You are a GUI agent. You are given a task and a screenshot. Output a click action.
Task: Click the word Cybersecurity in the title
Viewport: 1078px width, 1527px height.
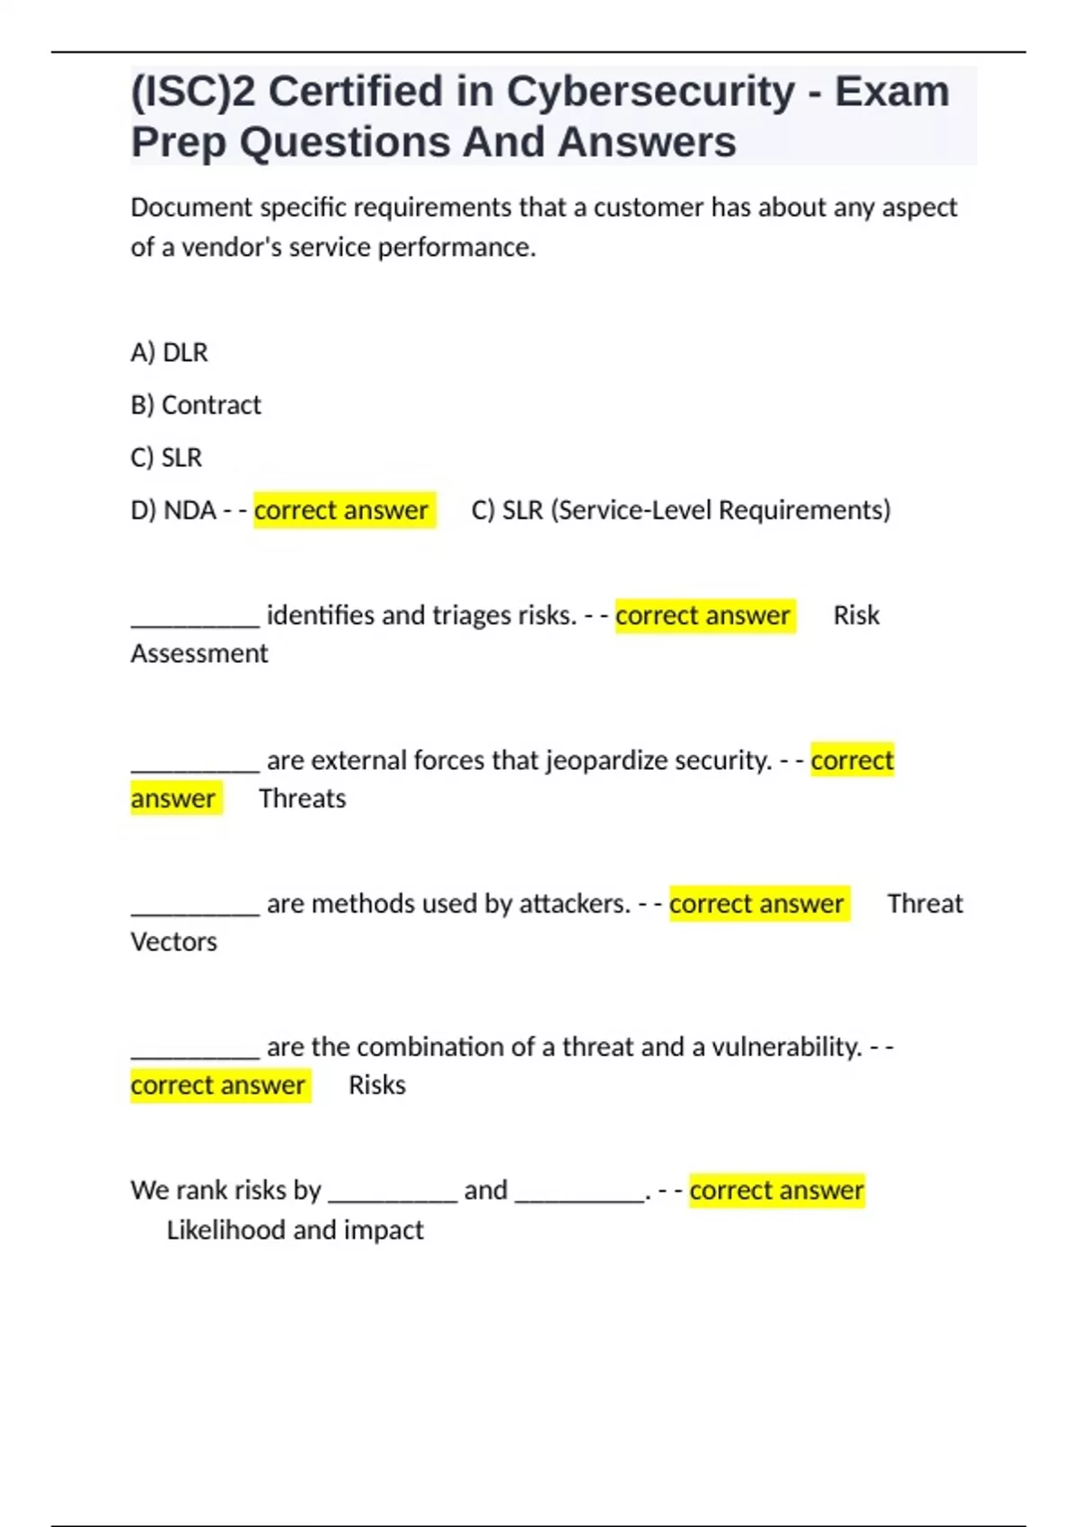pyautogui.click(x=650, y=92)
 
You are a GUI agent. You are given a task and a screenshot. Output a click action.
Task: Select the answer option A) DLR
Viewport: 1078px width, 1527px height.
pyautogui.click(x=169, y=352)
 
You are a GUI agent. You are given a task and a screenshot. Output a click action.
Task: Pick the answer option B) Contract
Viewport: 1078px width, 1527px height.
pyautogui.click(x=196, y=405)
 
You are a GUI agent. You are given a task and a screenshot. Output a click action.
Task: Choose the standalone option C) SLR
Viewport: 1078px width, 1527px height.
pyautogui.click(x=166, y=458)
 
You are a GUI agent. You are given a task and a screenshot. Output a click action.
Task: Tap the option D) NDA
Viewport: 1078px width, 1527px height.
pyautogui.click(x=173, y=510)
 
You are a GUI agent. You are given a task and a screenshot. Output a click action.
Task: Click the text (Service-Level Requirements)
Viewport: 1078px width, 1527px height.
pyautogui.click(x=720, y=510)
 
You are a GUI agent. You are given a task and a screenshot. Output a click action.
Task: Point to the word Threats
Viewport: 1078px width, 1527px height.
pyautogui.click(x=302, y=799)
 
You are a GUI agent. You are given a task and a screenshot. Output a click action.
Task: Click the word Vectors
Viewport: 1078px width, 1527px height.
pyautogui.click(x=173, y=942)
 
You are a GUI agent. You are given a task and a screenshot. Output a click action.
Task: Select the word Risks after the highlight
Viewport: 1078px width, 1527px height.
pyautogui.click(x=376, y=1085)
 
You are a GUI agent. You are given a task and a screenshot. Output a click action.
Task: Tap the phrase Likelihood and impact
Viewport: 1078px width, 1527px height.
pyautogui.click(x=295, y=1230)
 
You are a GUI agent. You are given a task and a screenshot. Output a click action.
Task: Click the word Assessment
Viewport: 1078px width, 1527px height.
pyautogui.click(x=199, y=654)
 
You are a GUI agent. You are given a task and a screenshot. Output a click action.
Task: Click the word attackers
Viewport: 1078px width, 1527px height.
pyautogui.click(x=574, y=904)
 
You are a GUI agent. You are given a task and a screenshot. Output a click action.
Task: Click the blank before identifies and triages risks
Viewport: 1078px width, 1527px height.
pyautogui.click(x=195, y=618)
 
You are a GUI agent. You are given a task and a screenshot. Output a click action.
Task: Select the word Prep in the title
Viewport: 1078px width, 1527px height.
pyautogui.click(x=178, y=142)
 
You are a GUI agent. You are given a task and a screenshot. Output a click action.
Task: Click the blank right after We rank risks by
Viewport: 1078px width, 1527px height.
pyautogui.click(x=393, y=1193)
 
